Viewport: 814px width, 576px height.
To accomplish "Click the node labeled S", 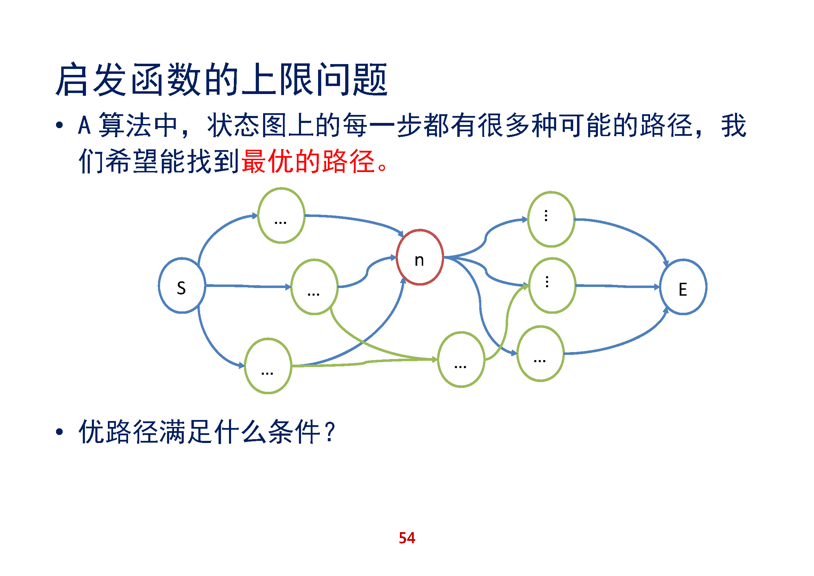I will point(182,286).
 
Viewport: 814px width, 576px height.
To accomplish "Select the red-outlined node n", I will point(420,257).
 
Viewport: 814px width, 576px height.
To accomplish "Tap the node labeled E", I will point(683,287).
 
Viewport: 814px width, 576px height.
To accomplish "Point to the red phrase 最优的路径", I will point(308,161).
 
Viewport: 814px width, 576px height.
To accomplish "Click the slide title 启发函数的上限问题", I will point(222,80).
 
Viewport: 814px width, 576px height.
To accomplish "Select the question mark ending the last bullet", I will point(330,431).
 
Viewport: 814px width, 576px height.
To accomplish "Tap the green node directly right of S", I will point(314,287).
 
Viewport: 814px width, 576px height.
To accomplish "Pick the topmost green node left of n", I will point(281,216).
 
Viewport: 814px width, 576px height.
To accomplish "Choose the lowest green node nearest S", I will point(268,366).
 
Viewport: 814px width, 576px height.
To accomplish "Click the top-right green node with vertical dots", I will point(551,219).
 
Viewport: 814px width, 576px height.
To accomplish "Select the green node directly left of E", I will point(552,286).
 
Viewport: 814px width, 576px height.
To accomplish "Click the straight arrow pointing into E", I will point(617,286).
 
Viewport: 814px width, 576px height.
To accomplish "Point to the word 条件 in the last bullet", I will point(294,431).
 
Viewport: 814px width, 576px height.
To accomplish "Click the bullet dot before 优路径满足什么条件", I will point(59,432).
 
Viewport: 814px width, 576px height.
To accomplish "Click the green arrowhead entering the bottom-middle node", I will point(434,360).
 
